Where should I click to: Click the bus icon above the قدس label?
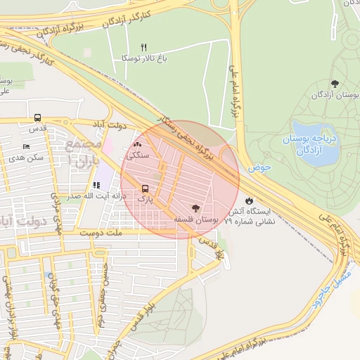point(37,118)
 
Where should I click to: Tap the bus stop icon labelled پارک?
point(145,188)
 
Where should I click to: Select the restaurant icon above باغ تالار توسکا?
point(143,48)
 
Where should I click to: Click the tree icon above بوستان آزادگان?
point(334,84)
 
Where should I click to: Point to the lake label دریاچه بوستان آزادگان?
point(309,145)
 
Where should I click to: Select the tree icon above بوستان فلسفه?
point(195,209)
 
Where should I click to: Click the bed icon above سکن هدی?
point(26,147)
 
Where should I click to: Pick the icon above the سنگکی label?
point(136,145)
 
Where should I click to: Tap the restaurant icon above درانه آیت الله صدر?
point(96,186)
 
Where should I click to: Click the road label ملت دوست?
point(101,231)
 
